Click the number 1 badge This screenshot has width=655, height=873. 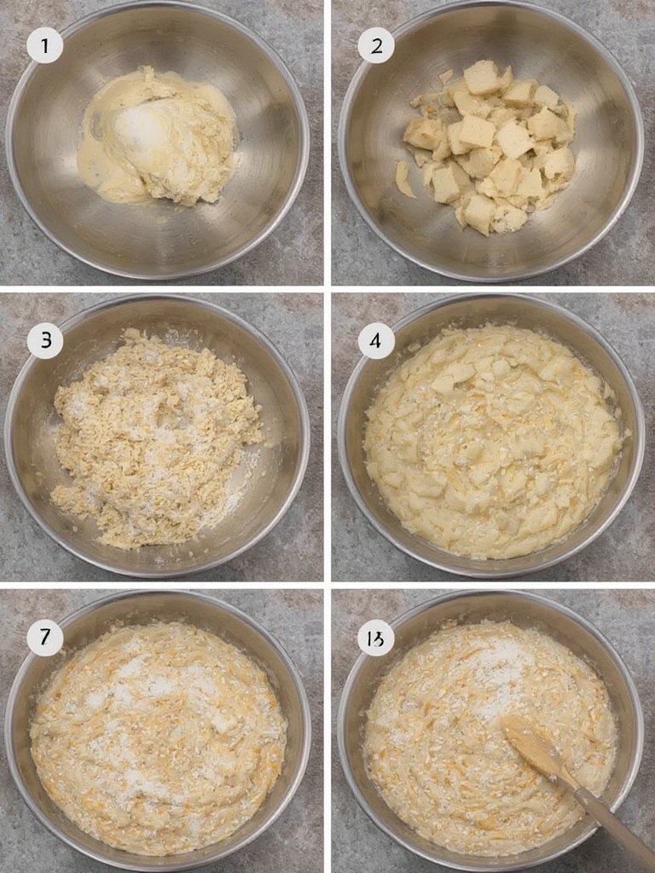click(x=44, y=45)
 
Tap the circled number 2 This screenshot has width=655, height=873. click(x=376, y=45)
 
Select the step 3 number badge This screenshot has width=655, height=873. click(x=44, y=341)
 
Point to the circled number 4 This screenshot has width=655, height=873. click(x=376, y=341)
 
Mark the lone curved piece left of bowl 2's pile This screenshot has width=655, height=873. click(x=403, y=179)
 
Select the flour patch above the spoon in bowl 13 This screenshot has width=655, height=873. click(x=503, y=674)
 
